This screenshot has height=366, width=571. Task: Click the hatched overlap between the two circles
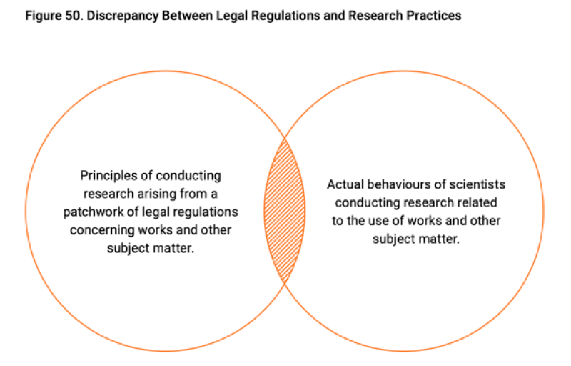coord(284,211)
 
